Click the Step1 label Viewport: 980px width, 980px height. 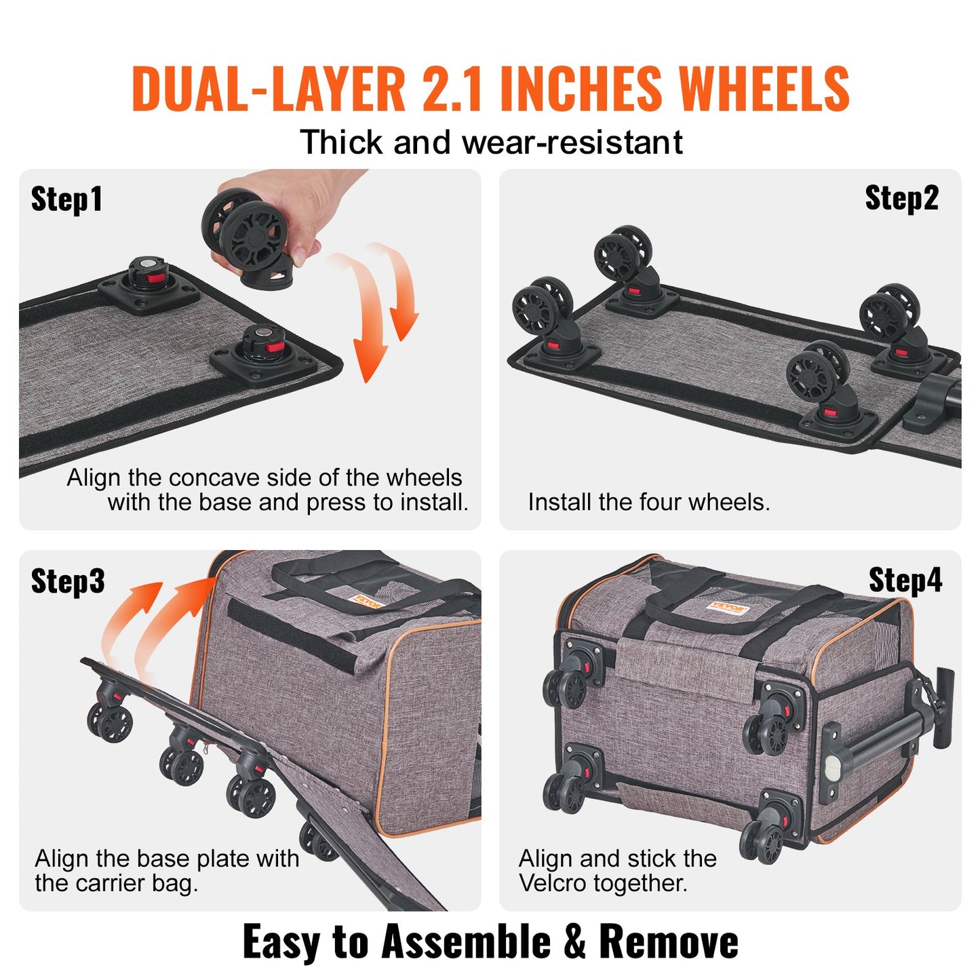pyautogui.click(x=66, y=199)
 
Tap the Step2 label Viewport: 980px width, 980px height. pyautogui.click(x=901, y=198)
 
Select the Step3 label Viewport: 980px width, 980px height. pyautogui.click(x=68, y=581)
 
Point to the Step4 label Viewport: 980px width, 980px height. pyautogui.click(x=905, y=581)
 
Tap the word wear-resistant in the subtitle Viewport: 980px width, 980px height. pyautogui.click(x=572, y=143)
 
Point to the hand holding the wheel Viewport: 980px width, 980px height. pyautogui.click(x=305, y=203)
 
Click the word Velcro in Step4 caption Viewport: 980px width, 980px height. pyautogui.click(x=553, y=883)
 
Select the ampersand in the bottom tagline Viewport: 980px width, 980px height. pyautogui.click(x=574, y=942)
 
